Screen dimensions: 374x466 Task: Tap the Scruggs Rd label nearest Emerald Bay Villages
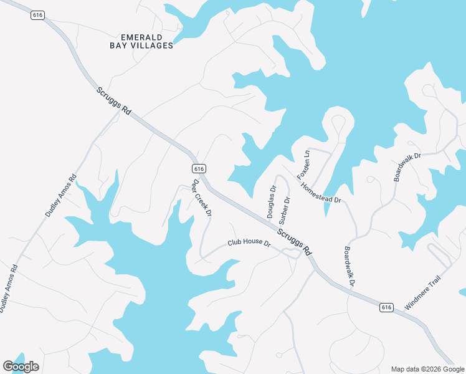114,100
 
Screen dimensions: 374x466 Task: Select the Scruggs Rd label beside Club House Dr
295,241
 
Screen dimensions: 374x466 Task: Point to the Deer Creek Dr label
202,199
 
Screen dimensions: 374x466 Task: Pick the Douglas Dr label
271,202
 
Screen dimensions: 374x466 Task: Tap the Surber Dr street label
285,211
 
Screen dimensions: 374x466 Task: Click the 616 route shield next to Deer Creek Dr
199,169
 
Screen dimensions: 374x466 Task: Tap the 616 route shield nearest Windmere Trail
386,307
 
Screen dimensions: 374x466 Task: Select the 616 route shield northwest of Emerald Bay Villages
38,15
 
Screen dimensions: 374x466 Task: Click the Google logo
21,367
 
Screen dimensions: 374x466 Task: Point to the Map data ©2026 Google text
427,369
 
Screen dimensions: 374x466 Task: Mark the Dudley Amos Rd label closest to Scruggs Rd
60,195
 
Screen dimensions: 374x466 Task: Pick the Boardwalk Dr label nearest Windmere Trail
349,266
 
